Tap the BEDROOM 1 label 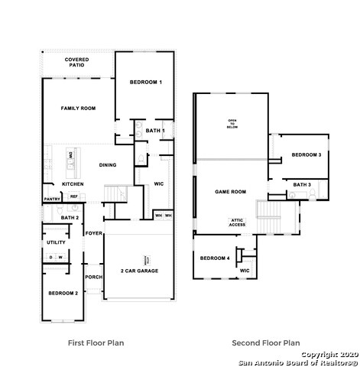[145, 82]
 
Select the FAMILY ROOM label [78, 109]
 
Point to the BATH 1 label [155, 131]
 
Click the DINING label [108, 165]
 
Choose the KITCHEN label [73, 184]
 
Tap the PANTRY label [52, 199]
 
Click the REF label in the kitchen [74, 196]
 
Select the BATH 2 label [70, 218]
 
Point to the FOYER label [94, 233]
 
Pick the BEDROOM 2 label [63, 294]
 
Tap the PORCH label [93, 277]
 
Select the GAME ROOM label [230, 192]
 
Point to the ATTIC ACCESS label [238, 222]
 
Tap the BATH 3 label [301, 184]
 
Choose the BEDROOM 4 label [215, 258]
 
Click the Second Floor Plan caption [266, 343]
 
